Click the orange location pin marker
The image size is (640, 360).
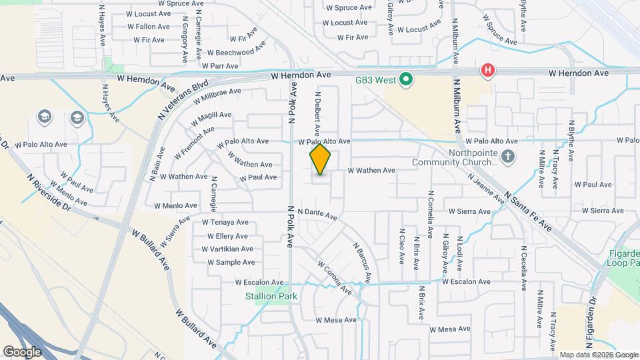pyautogui.click(x=320, y=159)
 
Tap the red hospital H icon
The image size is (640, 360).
pyautogui.click(x=488, y=70)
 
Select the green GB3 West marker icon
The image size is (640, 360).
pyautogui.click(x=405, y=81)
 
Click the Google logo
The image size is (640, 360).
pyautogui.click(x=23, y=351)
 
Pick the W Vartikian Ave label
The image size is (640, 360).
pyautogui.click(x=227, y=249)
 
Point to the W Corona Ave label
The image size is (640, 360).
pyautogui.click(x=334, y=278)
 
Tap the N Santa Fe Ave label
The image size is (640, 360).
pyautogui.click(x=528, y=210)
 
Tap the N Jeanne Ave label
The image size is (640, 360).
pyautogui.click(x=486, y=188)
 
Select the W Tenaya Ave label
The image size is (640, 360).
pyautogui.click(x=225, y=223)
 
